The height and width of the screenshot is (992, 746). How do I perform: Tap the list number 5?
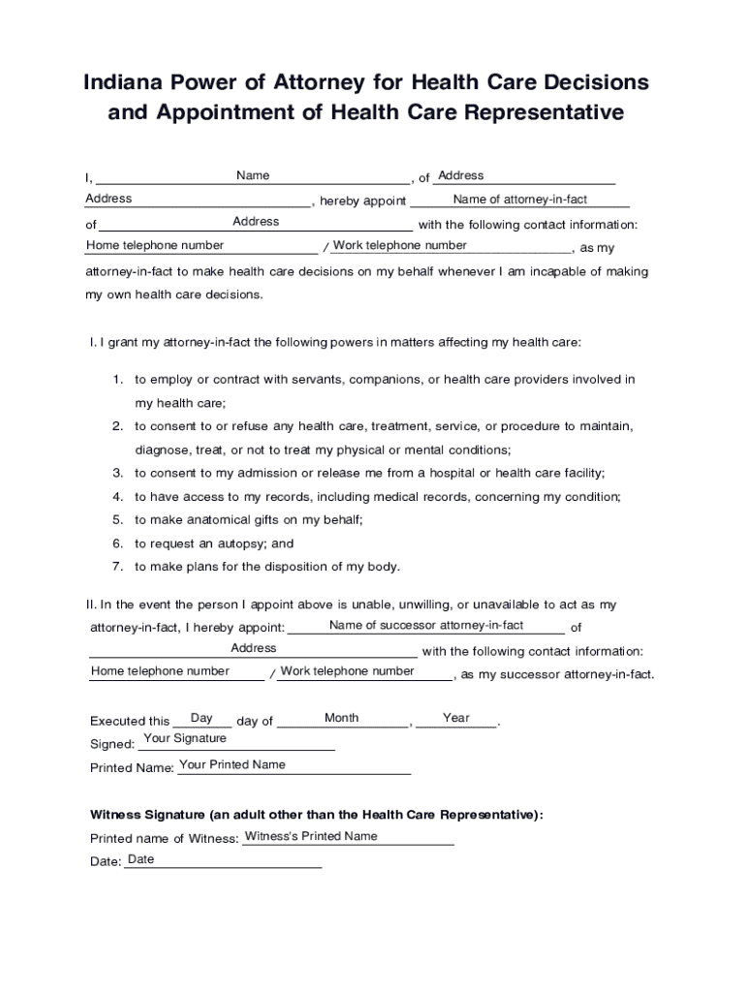pos(117,520)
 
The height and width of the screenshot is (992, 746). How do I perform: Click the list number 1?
pos(117,380)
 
